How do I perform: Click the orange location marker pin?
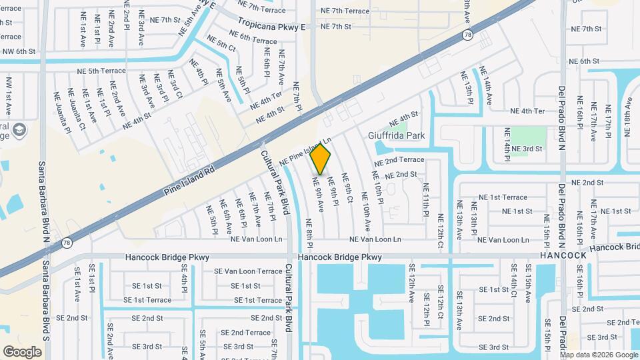click(x=321, y=159)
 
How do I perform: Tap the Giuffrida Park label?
click(x=397, y=135)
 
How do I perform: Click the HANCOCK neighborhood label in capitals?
click(x=563, y=255)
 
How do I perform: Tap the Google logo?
click(x=22, y=351)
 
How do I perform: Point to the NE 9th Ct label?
click(x=347, y=188)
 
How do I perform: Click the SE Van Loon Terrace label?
click(x=248, y=271)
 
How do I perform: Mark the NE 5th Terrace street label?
click(x=102, y=71)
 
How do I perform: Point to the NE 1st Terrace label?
click(x=503, y=197)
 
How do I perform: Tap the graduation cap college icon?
click(x=19, y=129)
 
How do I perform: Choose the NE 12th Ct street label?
click(x=440, y=231)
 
